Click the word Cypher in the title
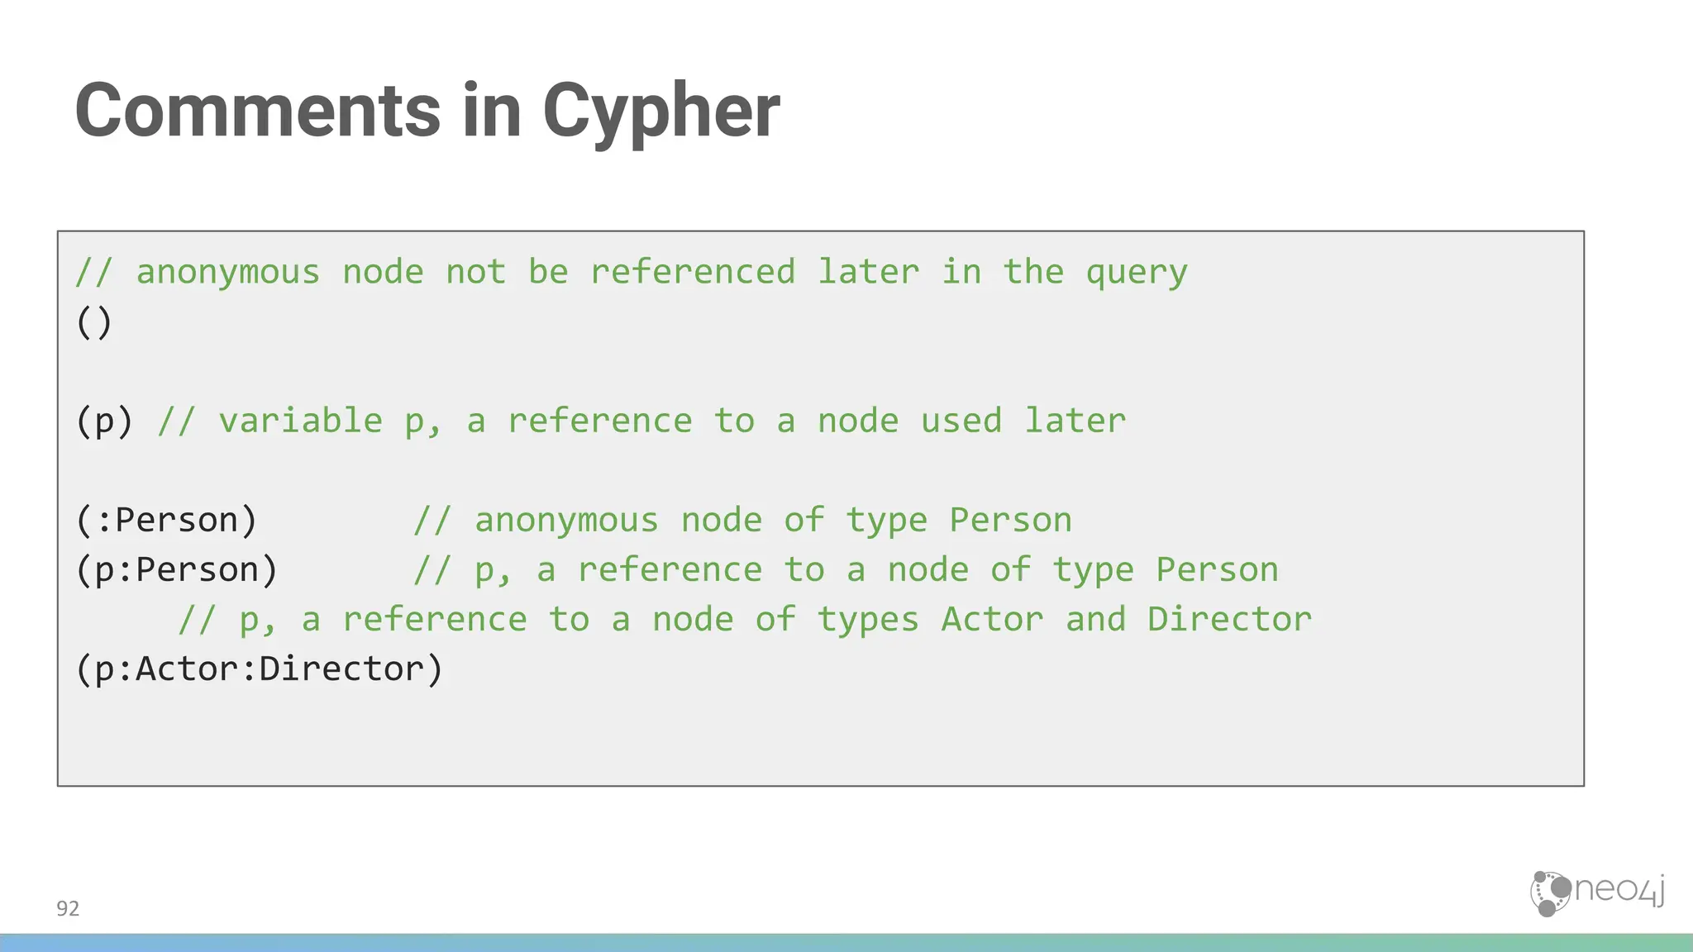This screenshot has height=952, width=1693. tap(661, 112)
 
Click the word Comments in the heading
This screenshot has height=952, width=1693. tap(257, 112)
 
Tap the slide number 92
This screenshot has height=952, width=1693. tap(68, 909)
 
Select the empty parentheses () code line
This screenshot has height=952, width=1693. tap(93, 322)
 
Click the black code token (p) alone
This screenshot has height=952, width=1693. tap(104, 421)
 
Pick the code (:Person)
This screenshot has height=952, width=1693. tap(166, 521)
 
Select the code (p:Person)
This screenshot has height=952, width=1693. tap(177, 570)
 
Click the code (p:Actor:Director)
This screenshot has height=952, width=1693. tap(260, 669)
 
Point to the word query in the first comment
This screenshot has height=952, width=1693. tap(1137, 273)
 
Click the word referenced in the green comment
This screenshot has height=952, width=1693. tap(693, 273)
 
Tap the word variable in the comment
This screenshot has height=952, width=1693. tap(300, 421)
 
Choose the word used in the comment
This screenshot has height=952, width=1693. tap(961, 421)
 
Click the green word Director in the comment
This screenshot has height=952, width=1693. tap(1229, 620)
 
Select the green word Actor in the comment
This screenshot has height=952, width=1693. tap(992, 620)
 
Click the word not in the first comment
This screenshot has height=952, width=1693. tap(475, 273)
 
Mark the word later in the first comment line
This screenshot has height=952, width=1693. tap(868, 273)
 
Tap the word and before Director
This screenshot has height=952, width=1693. tap(1095, 620)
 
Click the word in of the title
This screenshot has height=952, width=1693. tap(491, 112)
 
